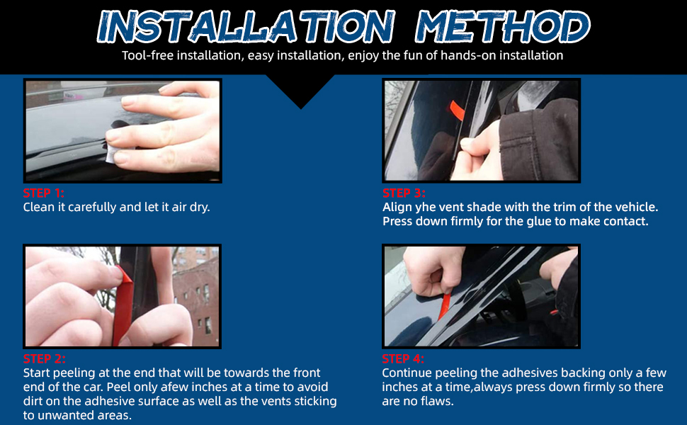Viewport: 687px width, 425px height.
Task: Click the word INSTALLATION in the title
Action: pos(246,27)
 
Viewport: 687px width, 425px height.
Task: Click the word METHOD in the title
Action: pos(503,27)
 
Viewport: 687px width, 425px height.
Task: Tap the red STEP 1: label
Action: pos(44,193)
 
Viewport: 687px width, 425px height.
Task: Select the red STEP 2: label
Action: pos(44,359)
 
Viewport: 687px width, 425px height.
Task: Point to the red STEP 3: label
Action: pos(404,193)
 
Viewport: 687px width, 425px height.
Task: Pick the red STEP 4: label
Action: pos(403,359)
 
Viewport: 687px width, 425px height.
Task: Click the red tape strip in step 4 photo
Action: pos(444,307)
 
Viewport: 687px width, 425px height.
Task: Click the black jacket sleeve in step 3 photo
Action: pos(541,138)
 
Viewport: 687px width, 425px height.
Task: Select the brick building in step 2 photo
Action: pos(196,298)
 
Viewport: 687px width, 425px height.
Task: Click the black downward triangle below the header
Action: pos(300,90)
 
